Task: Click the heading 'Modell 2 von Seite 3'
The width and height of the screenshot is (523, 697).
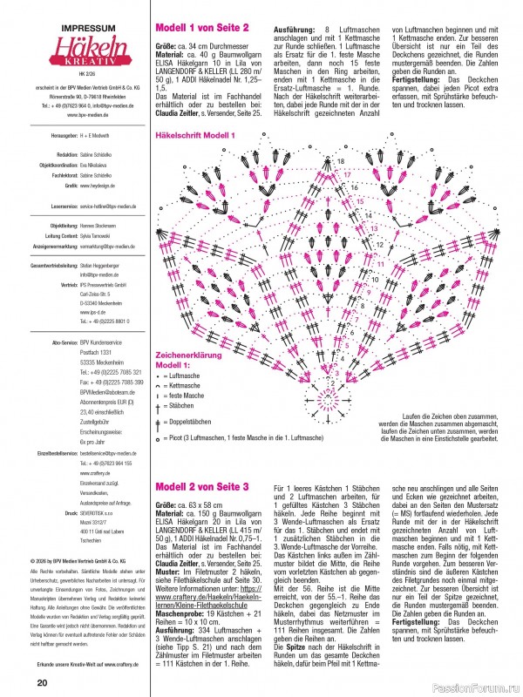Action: pyautogui.click(x=202, y=485)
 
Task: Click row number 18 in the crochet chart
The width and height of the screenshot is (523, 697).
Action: pyautogui.click(x=341, y=162)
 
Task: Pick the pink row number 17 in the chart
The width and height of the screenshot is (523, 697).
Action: pyautogui.click(x=346, y=174)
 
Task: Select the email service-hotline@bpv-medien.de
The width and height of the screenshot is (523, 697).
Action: pyautogui.click(x=108, y=206)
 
